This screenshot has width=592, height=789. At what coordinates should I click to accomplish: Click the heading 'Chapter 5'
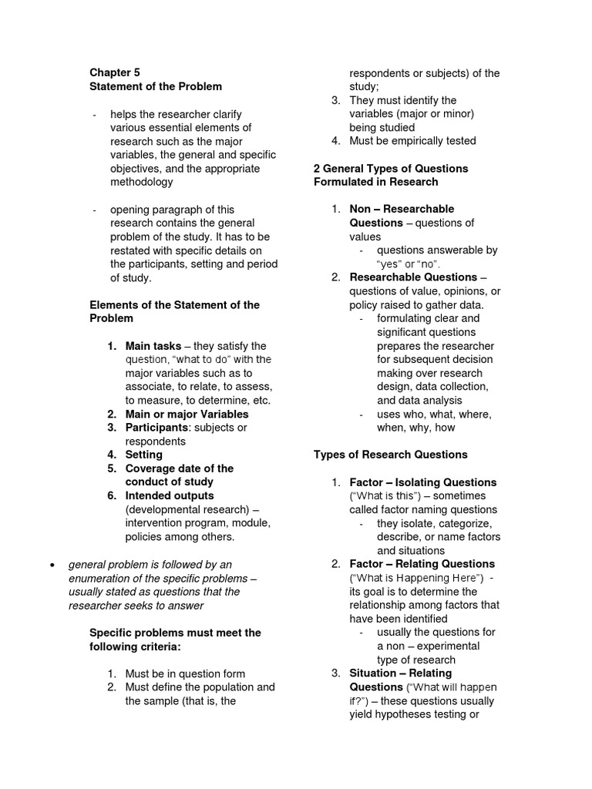[x=115, y=72]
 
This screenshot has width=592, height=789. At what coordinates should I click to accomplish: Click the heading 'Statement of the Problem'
[x=156, y=86]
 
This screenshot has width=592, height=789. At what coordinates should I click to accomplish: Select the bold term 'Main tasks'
[x=153, y=346]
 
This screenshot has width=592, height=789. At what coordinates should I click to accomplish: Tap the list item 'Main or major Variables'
[x=187, y=414]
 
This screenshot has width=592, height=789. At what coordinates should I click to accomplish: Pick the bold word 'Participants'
[x=156, y=428]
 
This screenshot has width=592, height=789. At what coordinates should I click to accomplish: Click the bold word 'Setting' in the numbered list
[x=144, y=455]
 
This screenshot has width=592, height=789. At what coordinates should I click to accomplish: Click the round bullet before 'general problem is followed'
[x=52, y=565]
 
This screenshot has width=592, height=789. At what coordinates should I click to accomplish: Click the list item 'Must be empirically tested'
[x=412, y=141]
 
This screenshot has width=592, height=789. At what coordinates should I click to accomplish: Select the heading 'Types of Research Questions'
[x=390, y=455]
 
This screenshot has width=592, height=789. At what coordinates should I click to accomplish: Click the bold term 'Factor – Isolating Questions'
[x=422, y=482]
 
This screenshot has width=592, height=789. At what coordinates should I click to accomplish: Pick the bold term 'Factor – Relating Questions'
[x=422, y=564]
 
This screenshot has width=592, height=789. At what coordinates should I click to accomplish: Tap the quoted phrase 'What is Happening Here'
[x=417, y=578]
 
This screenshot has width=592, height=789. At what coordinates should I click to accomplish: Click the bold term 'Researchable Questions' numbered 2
[x=413, y=277]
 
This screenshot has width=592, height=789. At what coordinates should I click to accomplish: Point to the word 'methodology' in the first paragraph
[x=142, y=183]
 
